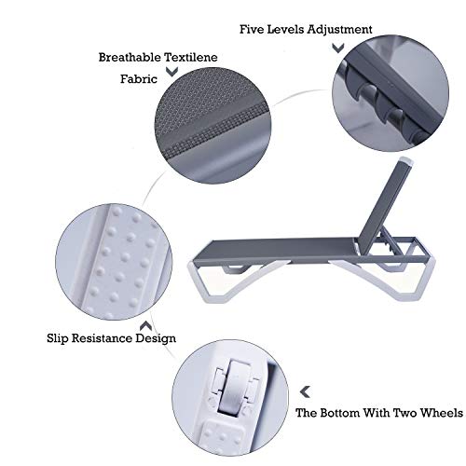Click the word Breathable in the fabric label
tap(130, 57)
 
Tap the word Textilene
tap(191, 57)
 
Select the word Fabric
tap(139, 79)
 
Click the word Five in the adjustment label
tap(252, 29)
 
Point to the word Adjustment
tap(339, 30)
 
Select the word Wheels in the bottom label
tap(441, 413)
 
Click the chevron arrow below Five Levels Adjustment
tap(338, 48)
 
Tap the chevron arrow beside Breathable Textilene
tap(171, 72)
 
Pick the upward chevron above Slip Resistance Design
tap(145, 326)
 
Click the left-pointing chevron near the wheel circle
tap(306, 392)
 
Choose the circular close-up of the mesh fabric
tap(213, 125)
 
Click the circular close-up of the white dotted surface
tap(114, 262)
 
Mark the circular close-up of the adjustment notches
tap(391, 93)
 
